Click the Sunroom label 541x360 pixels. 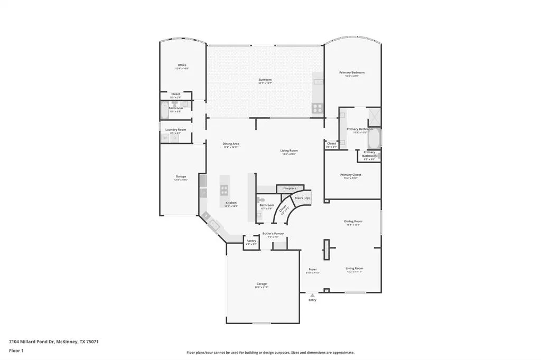pyautogui.click(x=265, y=80)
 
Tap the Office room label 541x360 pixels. pyautogui.click(x=182, y=65)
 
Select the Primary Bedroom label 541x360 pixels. pyautogui.click(x=352, y=73)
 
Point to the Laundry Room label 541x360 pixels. pyautogui.click(x=175, y=130)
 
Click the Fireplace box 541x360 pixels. pyautogui.click(x=290, y=188)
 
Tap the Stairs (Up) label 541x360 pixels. pyautogui.click(x=302, y=198)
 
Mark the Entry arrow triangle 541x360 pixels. pyautogui.click(x=312, y=296)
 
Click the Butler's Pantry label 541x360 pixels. pyautogui.click(x=273, y=233)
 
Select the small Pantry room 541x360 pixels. pyautogui.click(x=251, y=242)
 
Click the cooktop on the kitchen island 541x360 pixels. pyautogui.click(x=223, y=190)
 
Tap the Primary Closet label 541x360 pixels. pyautogui.click(x=350, y=175)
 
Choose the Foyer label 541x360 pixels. pyautogui.click(x=312, y=269)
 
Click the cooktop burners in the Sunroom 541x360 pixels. pyautogui.click(x=318, y=108)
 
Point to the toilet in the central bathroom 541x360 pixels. pyautogui.click(x=259, y=200)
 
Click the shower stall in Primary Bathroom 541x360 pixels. pyautogui.click(x=375, y=115)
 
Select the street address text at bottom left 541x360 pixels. pyautogui.click(x=53, y=342)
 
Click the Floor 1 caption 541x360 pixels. pyautogui.click(x=17, y=350)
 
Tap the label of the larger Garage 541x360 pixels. pyautogui.click(x=262, y=284)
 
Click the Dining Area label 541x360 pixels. pyautogui.click(x=231, y=144)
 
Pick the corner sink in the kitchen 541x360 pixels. pyautogui.click(x=213, y=225)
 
